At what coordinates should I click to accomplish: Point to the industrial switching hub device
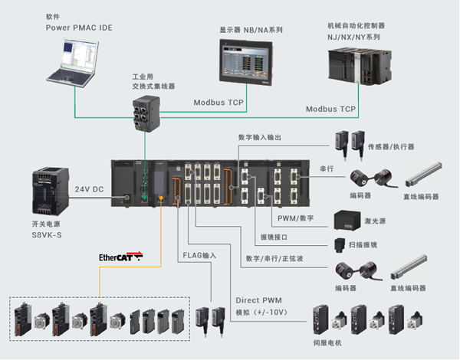click(x=144, y=112)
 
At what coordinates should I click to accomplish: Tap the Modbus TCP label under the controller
click(x=331, y=110)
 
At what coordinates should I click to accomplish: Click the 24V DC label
click(x=90, y=188)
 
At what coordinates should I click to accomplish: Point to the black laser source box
click(x=348, y=223)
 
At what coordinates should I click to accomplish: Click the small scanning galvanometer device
click(x=339, y=247)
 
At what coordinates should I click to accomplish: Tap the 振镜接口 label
click(x=274, y=237)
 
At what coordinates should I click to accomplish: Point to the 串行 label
click(x=326, y=168)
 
